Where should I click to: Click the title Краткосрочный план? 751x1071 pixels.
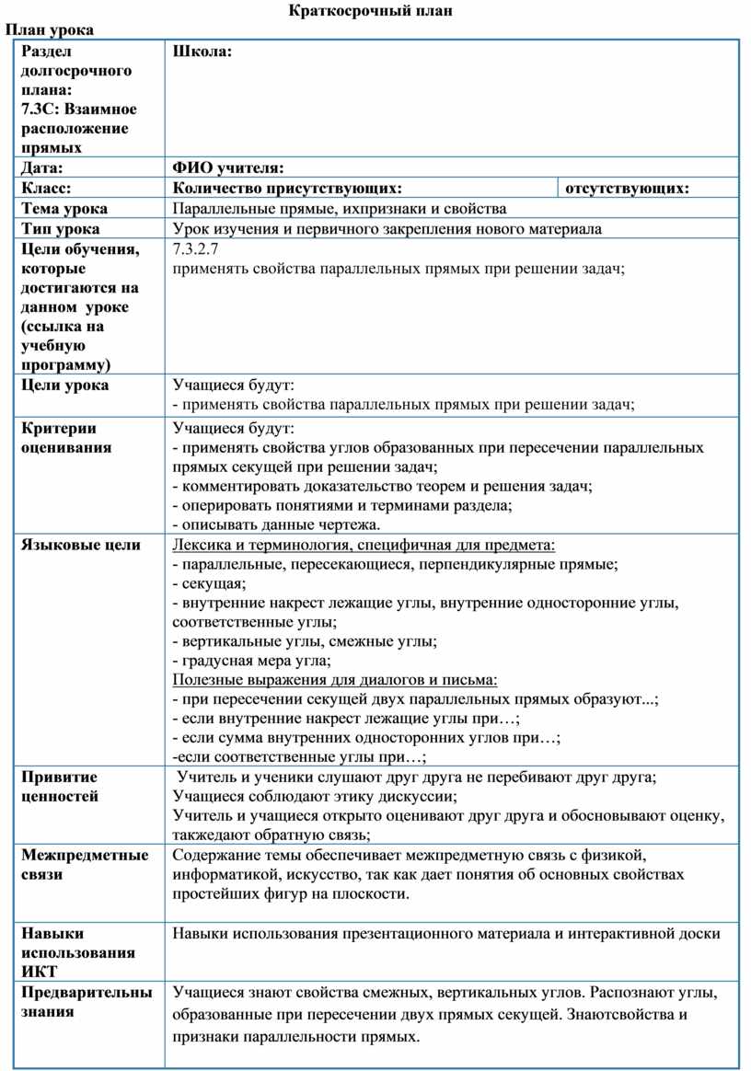point(373,11)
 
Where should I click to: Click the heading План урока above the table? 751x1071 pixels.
point(51,29)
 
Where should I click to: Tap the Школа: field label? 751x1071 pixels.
point(202,52)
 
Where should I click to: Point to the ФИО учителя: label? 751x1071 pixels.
point(228,167)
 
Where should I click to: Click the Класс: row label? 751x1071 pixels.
point(46,188)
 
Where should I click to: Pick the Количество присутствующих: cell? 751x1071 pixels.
point(287,188)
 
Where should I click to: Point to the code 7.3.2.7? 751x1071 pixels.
point(194,248)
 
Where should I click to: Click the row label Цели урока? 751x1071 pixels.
point(64,385)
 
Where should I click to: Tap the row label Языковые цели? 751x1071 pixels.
point(81,544)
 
